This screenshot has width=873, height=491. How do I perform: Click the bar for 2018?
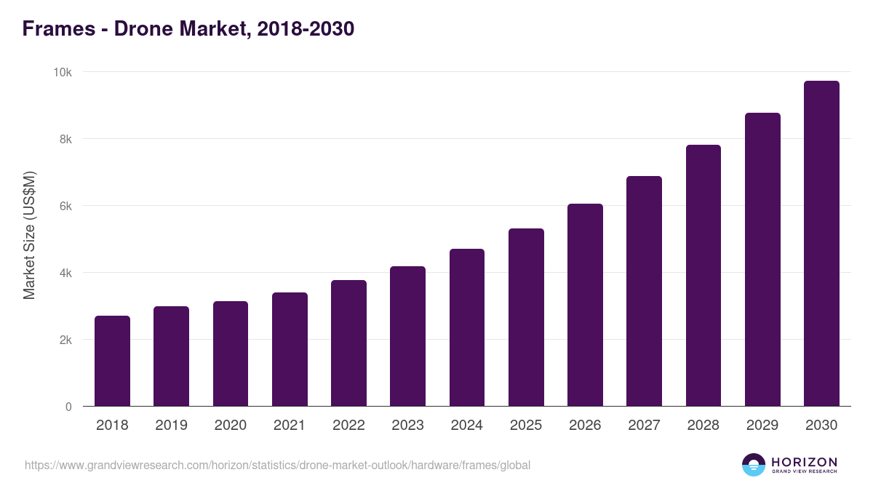[112, 361]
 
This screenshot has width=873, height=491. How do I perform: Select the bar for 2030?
[821, 244]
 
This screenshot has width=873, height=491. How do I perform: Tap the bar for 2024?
[467, 327]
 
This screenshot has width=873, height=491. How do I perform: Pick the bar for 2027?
[644, 291]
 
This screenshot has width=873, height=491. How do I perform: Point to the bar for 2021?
[290, 349]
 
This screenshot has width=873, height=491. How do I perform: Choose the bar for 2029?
[762, 260]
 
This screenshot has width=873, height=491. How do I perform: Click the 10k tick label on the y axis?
[62, 72]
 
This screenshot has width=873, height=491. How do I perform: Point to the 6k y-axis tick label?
[65, 206]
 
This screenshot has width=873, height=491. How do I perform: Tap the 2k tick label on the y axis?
[65, 340]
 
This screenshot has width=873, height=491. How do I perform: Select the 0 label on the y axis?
[68, 407]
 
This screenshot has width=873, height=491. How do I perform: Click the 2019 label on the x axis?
[171, 426]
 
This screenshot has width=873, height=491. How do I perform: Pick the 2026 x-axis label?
[585, 426]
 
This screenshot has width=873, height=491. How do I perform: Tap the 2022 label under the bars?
[348, 426]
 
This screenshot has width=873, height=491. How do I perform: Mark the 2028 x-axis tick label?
[703, 426]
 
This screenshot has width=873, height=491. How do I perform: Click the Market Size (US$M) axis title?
[29, 235]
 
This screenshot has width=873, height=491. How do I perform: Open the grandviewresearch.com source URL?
[277, 465]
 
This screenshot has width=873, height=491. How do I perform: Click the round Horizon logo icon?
[753, 465]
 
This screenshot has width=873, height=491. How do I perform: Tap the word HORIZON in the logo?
[804, 461]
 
